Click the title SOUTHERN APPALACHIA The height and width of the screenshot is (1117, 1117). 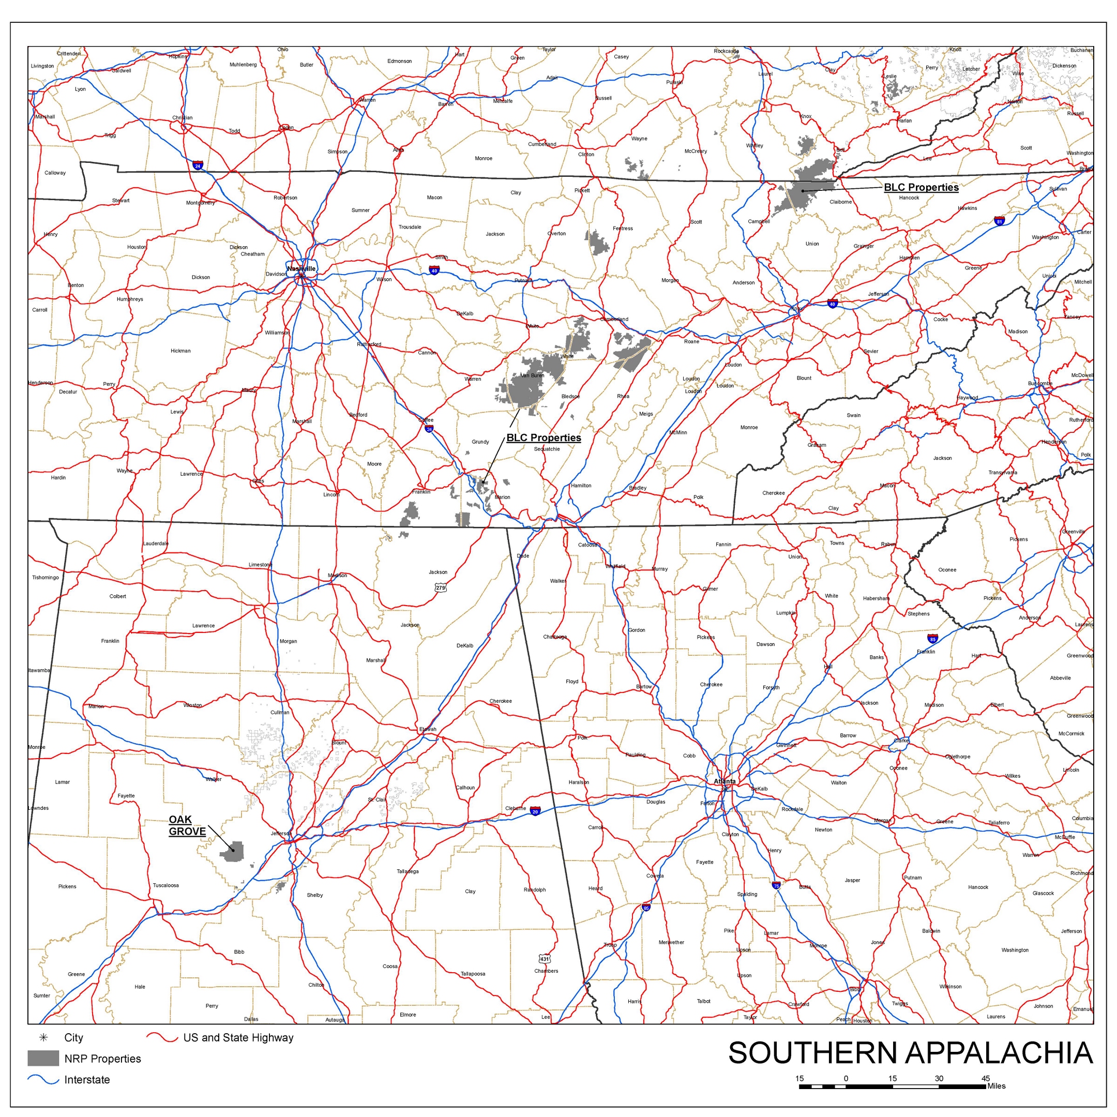tap(910, 1053)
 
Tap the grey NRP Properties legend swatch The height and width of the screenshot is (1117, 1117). tap(43, 1059)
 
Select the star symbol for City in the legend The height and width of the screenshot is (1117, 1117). tap(43, 1038)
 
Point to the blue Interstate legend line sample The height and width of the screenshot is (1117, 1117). tap(43, 1079)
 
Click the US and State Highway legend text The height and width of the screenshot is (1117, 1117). tap(238, 1038)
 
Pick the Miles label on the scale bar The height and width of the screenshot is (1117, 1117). tap(996, 1086)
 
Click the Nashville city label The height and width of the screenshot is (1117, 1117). tap(301, 269)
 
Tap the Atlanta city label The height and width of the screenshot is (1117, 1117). tap(724, 781)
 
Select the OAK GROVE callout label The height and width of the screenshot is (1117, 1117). tap(187, 826)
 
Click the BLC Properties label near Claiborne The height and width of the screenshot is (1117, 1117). tap(921, 187)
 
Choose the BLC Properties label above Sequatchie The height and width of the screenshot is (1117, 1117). tap(544, 437)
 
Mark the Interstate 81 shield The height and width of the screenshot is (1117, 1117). tap(999, 221)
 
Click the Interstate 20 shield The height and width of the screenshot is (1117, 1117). tap(535, 812)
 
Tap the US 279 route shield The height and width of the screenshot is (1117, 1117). tap(441, 588)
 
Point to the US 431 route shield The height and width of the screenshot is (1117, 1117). tap(544, 959)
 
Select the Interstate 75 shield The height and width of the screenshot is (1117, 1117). tap(776, 885)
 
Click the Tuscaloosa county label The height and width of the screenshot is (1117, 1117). tap(165, 885)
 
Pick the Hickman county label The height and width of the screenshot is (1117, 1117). tap(180, 351)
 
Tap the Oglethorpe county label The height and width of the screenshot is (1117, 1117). tap(957, 757)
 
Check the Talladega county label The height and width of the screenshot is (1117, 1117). tap(407, 871)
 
